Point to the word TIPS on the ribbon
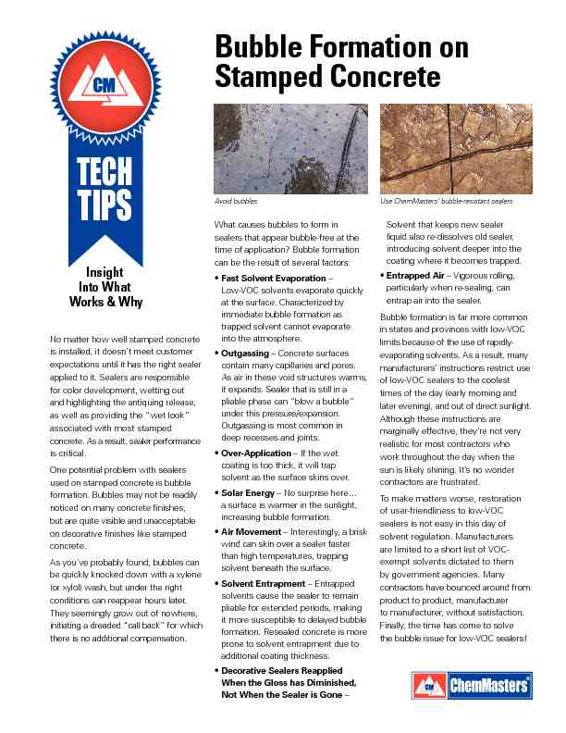pos(105,205)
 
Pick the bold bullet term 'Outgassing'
pos(247,354)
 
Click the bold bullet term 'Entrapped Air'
pos(422,275)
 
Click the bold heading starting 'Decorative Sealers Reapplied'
pos(282,669)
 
